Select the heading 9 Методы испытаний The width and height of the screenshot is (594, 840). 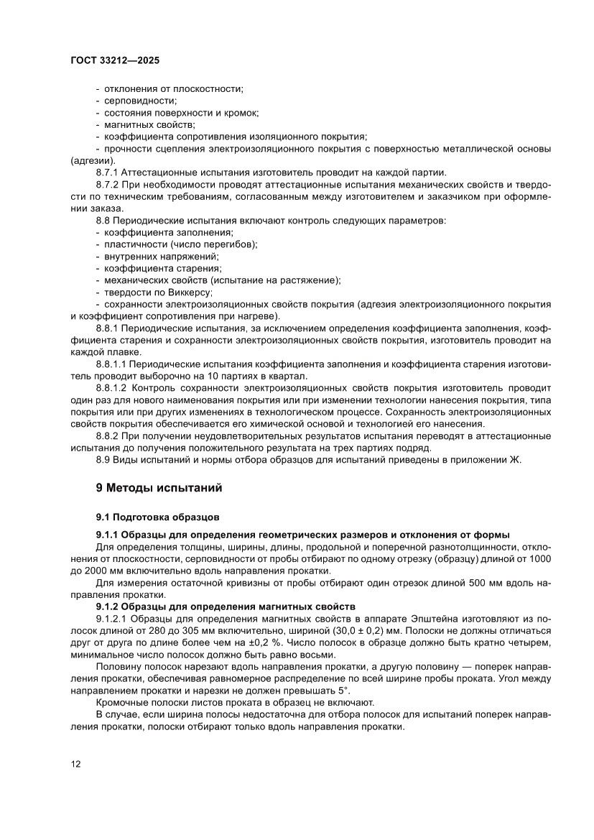pos(159,488)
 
